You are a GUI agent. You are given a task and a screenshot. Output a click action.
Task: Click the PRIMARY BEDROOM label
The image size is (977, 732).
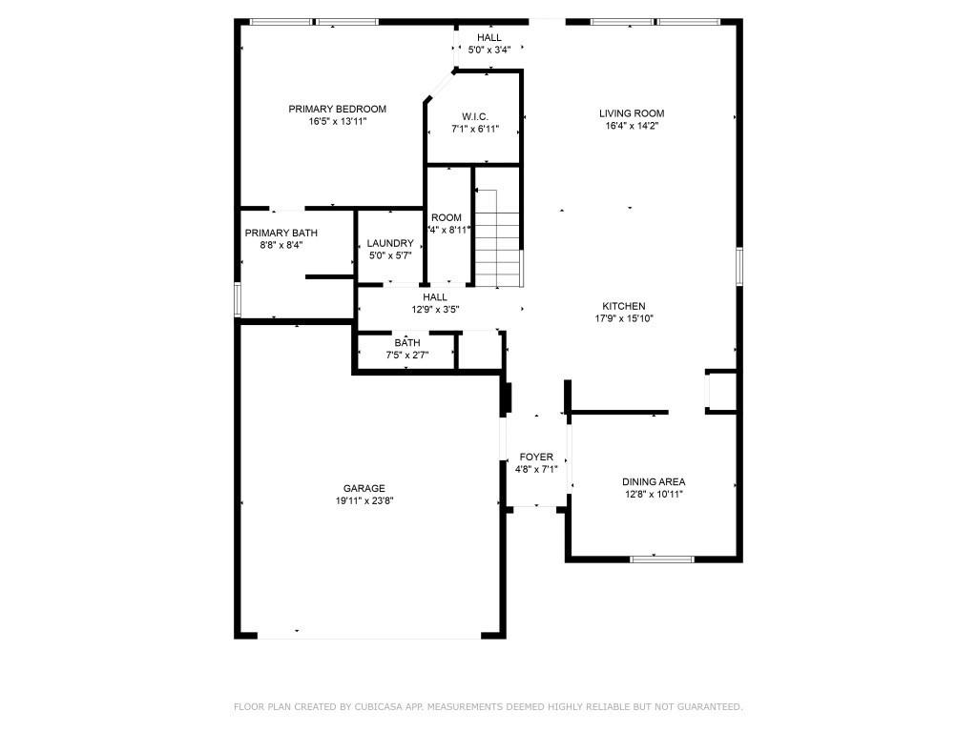tap(337, 109)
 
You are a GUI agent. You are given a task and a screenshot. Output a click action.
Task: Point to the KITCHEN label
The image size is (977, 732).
tap(623, 306)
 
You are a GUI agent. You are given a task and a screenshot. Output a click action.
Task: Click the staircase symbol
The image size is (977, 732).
tap(499, 237)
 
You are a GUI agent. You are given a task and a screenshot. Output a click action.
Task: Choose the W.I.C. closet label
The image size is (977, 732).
tap(475, 116)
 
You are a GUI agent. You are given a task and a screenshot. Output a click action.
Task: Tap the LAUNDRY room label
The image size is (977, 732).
tap(390, 243)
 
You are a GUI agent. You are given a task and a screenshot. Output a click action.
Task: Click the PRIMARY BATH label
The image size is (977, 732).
tap(281, 233)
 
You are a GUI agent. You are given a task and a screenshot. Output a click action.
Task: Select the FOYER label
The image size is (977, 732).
tap(535, 457)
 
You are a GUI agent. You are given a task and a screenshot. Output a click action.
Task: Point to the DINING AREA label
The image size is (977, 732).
tap(654, 481)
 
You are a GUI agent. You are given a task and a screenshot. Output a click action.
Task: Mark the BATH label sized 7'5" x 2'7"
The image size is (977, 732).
tap(407, 342)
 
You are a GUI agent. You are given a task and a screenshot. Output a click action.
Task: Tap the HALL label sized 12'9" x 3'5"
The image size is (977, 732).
tap(435, 297)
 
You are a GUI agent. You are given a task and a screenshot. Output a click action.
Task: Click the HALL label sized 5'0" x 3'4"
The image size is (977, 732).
tap(489, 37)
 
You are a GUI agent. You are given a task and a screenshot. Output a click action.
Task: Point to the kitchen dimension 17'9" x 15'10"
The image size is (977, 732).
tap(623, 318)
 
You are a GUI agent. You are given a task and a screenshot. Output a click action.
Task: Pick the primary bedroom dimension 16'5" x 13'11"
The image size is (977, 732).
tap(337, 121)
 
